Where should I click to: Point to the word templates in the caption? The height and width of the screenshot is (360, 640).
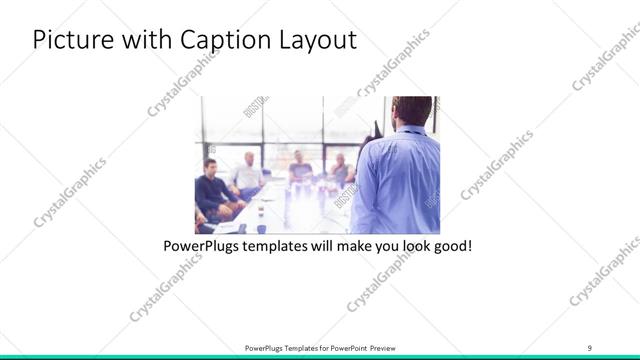[x=279, y=245]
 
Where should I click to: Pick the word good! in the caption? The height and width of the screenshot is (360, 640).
[x=448, y=245]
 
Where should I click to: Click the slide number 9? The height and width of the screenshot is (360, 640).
[x=589, y=347]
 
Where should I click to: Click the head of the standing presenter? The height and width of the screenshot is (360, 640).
[x=412, y=108]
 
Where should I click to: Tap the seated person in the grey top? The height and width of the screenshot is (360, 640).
[x=300, y=169]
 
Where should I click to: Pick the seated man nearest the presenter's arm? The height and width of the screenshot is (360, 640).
[x=340, y=170]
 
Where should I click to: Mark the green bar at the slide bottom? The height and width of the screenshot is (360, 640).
[x=320, y=357]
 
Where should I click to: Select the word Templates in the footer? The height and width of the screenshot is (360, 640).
[x=291, y=348]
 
